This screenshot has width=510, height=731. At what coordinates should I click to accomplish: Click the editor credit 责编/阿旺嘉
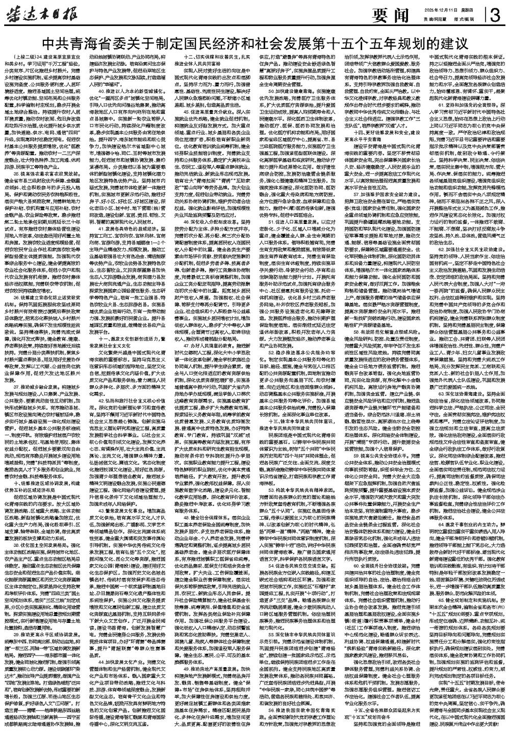pyautogui.click(x=433, y=19)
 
